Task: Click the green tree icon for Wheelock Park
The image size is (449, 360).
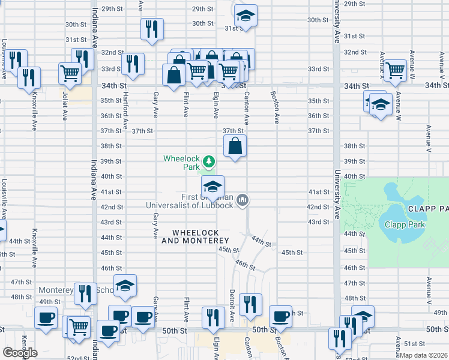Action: click(x=209, y=161)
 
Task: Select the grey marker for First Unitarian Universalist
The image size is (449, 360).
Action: click(x=243, y=199)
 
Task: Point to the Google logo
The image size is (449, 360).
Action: click(x=20, y=352)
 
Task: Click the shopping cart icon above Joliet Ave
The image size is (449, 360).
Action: click(x=71, y=73)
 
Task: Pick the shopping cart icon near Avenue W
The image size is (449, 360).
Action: click(x=396, y=70)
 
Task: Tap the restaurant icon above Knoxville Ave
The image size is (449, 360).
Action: click(x=28, y=77)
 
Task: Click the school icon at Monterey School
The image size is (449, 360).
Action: click(x=125, y=286)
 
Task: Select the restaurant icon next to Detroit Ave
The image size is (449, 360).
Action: click(x=250, y=304)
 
